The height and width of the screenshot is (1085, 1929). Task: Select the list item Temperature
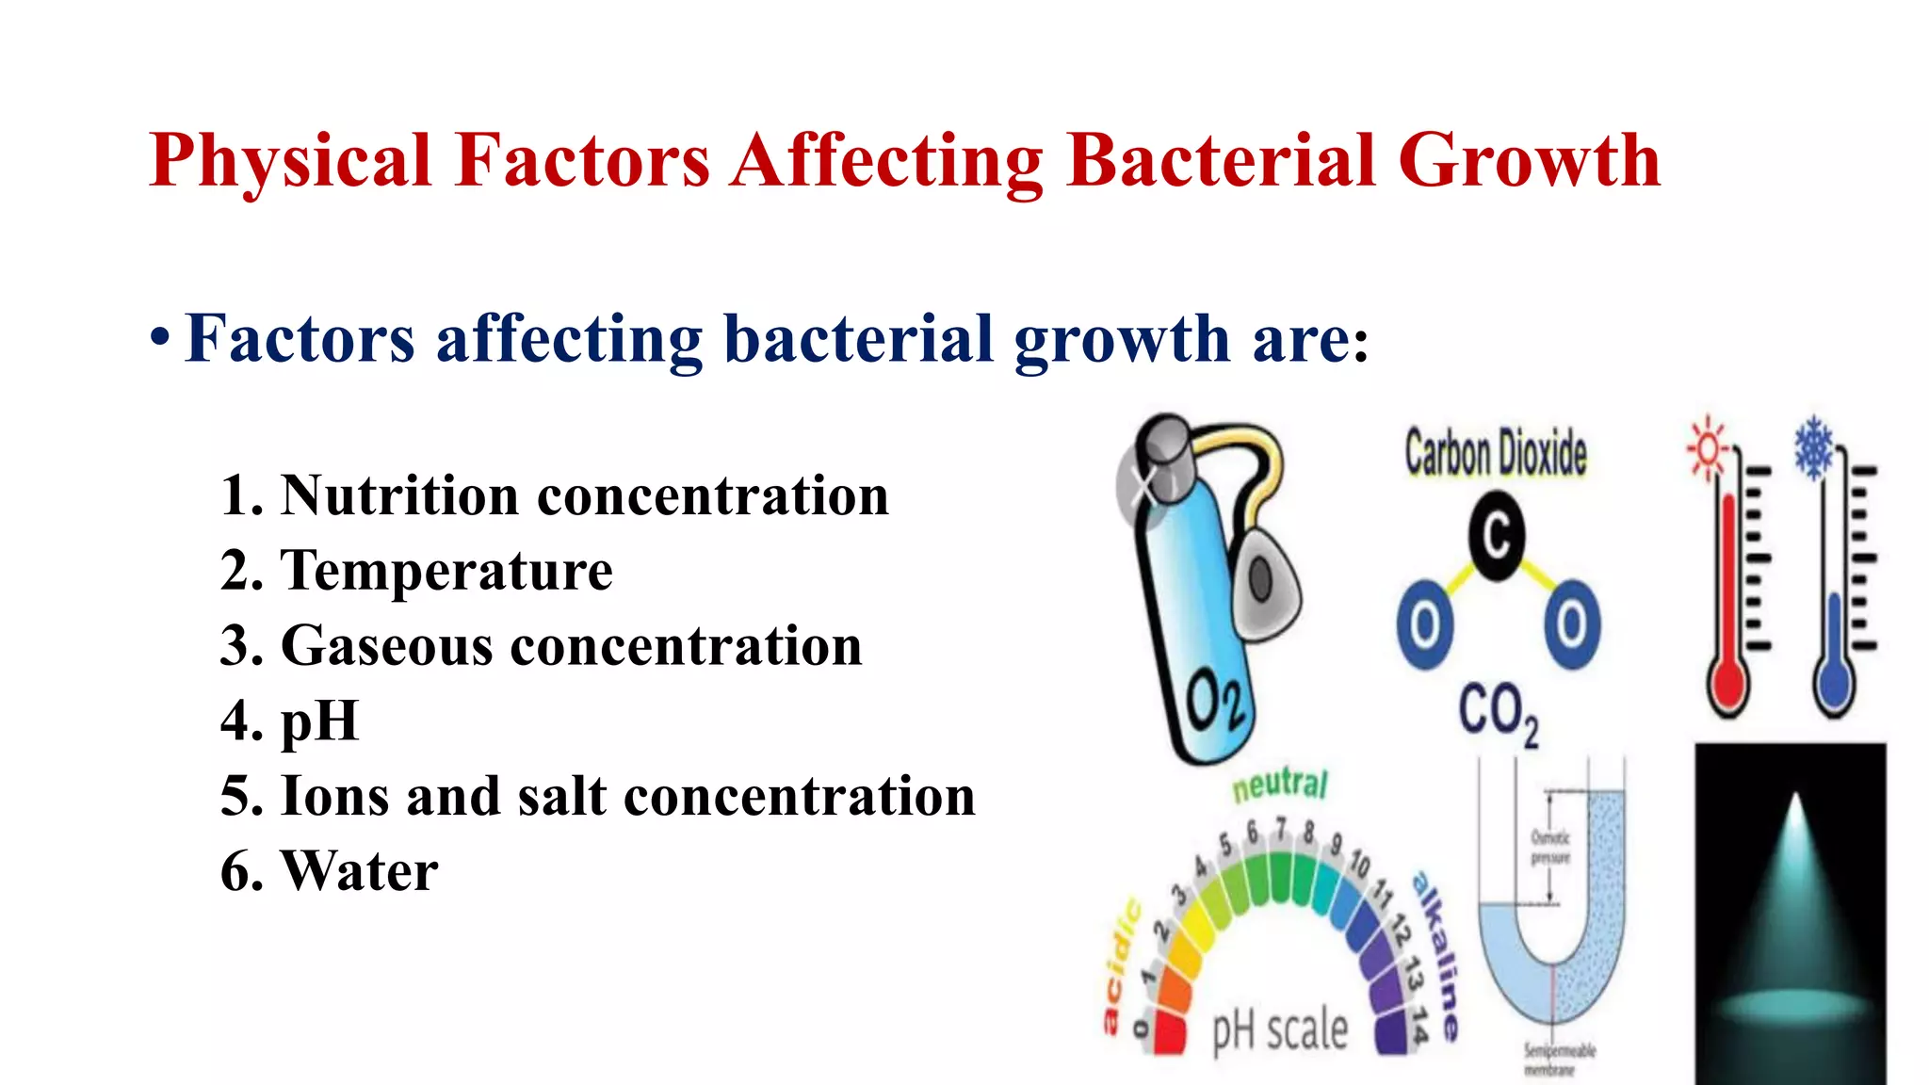pos(446,571)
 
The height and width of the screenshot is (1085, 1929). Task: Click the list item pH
pos(319,721)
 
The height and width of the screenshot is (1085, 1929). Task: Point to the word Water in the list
pos(359,871)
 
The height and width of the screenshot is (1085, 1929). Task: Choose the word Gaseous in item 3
pos(386,646)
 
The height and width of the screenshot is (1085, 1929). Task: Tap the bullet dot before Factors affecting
pos(160,338)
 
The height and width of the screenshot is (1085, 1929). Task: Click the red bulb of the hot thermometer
pos(1728,686)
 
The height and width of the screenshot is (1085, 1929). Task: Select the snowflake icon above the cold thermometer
pos(1813,446)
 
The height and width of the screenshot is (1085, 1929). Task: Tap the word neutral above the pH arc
pos(1280,785)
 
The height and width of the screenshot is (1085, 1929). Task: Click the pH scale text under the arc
pos(1279,1029)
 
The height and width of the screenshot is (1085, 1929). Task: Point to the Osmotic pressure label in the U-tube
pos(1550,847)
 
